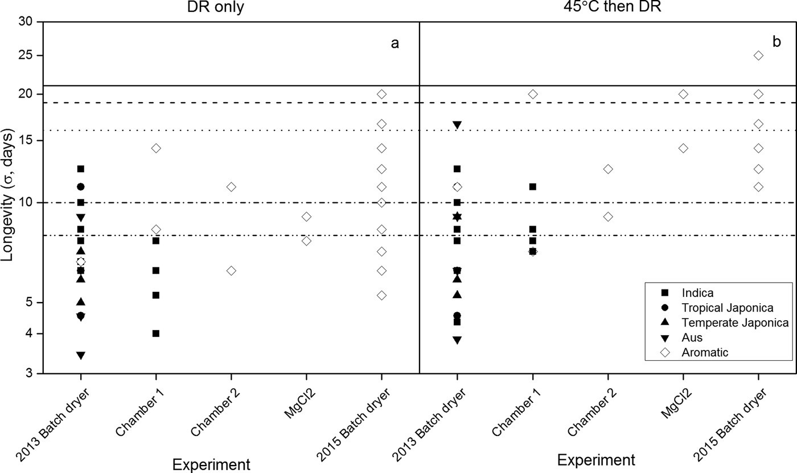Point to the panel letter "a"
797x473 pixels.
(395, 43)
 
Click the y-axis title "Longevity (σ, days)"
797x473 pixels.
(8, 197)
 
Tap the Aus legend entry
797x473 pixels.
(692, 337)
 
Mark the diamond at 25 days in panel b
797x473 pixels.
(758, 55)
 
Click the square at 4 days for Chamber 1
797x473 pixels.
(156, 333)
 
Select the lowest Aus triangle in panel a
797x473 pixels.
(81, 356)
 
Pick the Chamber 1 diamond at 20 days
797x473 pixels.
(533, 94)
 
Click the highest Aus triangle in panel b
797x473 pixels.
(457, 125)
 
